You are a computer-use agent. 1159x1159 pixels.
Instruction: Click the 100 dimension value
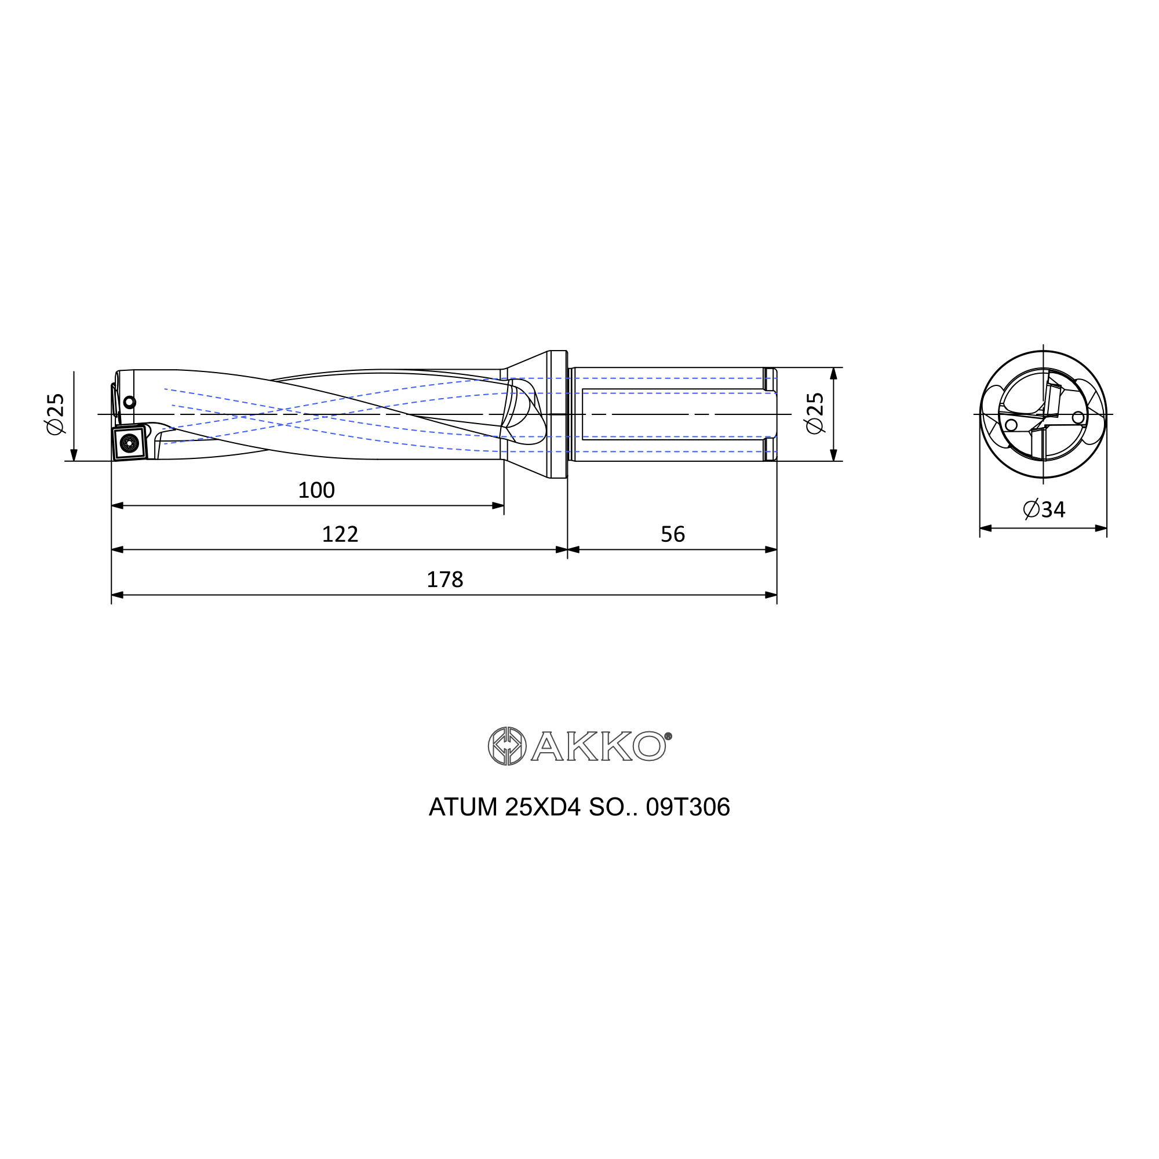click(x=316, y=490)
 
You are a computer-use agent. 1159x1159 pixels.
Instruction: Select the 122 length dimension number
click(x=340, y=534)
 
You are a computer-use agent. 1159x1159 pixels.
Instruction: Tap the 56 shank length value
click(x=672, y=534)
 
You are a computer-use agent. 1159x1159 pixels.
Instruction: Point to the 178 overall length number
click(x=444, y=579)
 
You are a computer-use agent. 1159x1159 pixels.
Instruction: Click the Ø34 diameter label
click(x=1044, y=509)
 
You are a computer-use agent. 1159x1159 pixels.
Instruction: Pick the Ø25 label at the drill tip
click(x=55, y=414)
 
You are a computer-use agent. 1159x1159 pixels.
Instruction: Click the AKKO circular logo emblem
click(x=507, y=746)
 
